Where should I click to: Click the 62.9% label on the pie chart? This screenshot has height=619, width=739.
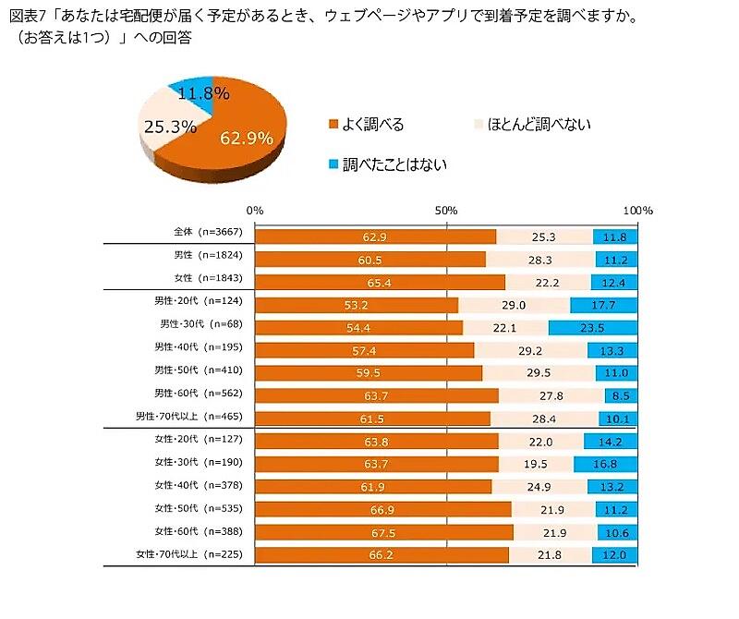pos(247,139)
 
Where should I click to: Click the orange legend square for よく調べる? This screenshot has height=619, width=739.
pos(333,125)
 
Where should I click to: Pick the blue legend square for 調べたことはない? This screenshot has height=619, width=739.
pos(333,164)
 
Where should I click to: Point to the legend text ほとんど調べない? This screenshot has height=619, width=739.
pos(539,125)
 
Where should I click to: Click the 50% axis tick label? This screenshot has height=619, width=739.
pos(447,211)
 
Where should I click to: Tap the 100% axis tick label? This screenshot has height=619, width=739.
pos(637,211)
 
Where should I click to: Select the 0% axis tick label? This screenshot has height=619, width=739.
pos(256,211)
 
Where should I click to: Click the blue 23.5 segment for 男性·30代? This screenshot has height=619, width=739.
pos(592,327)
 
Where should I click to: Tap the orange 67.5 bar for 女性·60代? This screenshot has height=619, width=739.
pos(383,531)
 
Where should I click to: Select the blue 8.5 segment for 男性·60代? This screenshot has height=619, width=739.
pos(621,395)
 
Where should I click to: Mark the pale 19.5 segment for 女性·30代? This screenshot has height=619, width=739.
pos(536,464)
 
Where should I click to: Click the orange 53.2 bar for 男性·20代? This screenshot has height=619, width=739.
pos(357,305)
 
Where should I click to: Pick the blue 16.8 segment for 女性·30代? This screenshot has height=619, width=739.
pos(605,464)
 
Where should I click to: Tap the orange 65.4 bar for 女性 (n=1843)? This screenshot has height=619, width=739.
pos(380,282)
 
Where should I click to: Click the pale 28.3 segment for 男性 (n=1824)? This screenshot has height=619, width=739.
pos(540,260)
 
